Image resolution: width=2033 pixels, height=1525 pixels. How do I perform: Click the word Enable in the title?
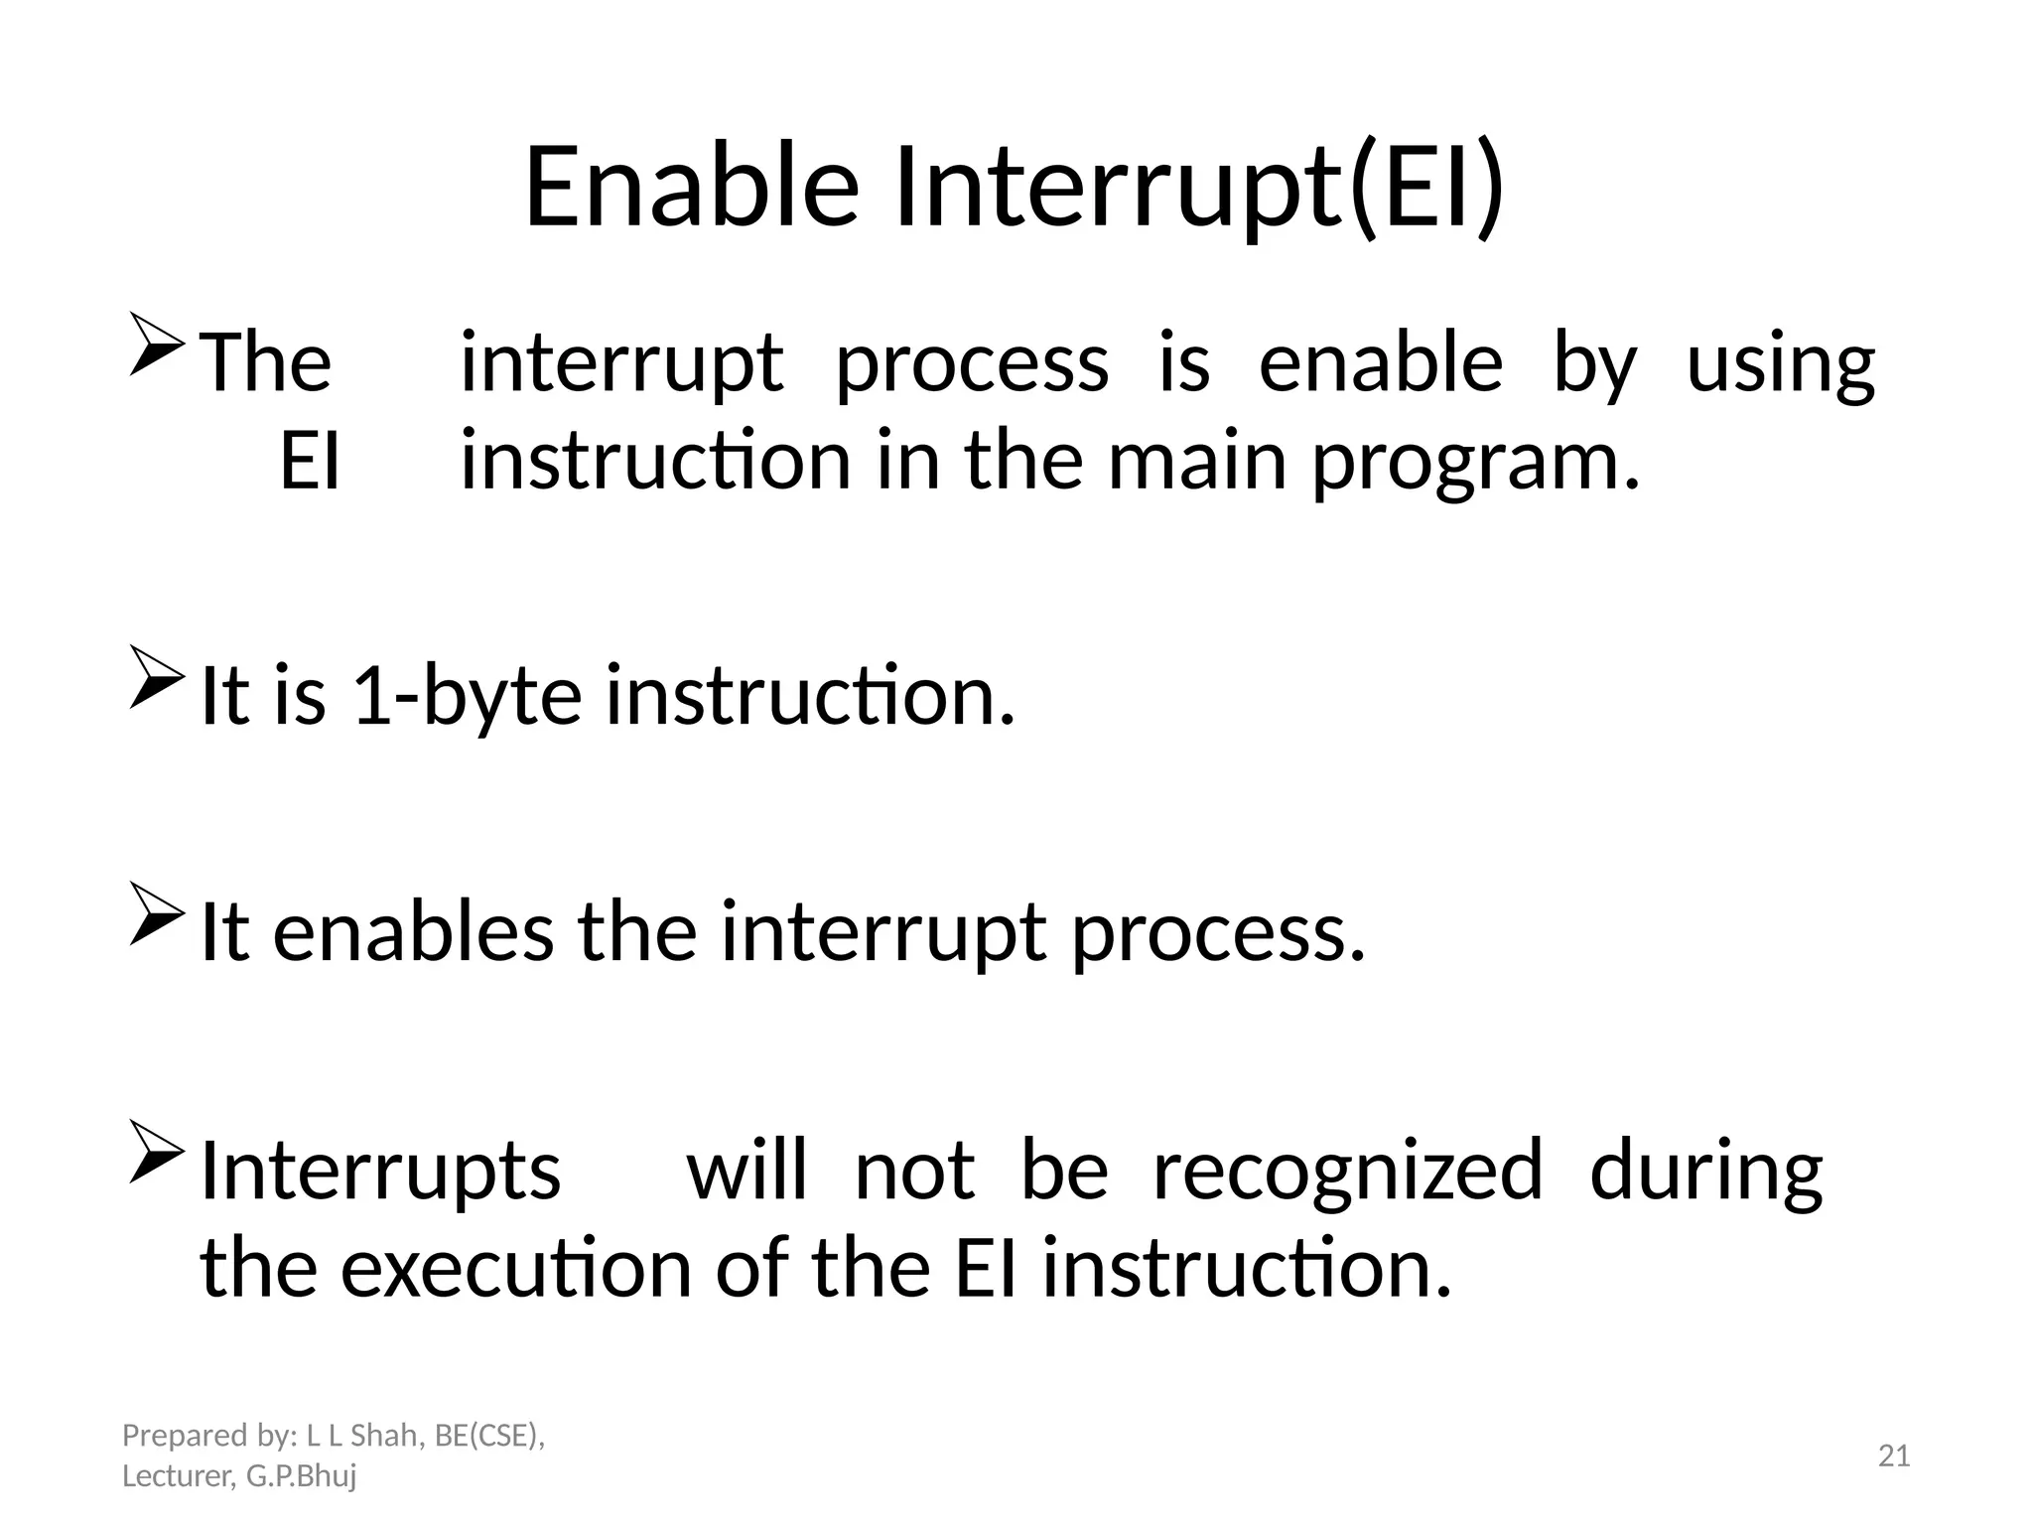(x=691, y=187)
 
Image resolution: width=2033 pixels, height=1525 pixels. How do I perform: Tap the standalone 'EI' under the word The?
(x=310, y=462)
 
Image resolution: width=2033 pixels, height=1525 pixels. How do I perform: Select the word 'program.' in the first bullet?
(x=1477, y=462)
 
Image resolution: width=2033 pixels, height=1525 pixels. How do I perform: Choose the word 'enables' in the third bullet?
(x=413, y=933)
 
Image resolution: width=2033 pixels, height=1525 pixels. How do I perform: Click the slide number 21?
(x=1894, y=1456)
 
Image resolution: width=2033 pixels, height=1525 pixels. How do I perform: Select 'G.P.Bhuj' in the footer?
(x=301, y=1476)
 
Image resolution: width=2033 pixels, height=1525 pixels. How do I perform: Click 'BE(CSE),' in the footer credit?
(x=490, y=1436)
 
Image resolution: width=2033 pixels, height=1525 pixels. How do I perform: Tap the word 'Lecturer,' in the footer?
(x=179, y=1476)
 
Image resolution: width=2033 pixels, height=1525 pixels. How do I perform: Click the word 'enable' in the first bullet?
(x=1380, y=363)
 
